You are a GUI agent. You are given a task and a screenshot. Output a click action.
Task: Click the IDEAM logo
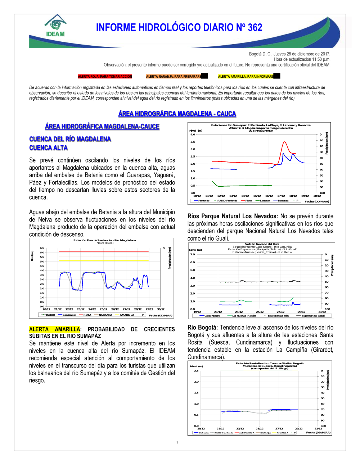pos(55,26)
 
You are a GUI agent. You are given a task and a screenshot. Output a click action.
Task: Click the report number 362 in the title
pos(255,28)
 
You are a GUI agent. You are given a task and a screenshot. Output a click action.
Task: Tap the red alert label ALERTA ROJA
pos(105,77)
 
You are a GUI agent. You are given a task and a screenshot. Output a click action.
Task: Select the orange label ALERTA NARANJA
pos(174,77)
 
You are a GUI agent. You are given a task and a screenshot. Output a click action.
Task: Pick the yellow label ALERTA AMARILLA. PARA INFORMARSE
pos(246,77)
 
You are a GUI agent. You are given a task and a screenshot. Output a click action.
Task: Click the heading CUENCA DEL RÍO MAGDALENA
pos(70,139)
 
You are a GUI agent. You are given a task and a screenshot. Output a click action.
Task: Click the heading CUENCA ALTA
pos(48,148)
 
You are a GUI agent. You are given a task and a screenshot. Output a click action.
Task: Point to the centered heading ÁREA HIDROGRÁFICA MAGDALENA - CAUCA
pos(177,114)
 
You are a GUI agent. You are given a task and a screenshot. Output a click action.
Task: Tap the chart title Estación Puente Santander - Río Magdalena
pos(105,240)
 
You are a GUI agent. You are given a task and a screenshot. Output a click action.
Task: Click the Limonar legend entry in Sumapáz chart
pos(265,201)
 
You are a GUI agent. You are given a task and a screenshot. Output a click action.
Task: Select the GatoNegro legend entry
pos(212,316)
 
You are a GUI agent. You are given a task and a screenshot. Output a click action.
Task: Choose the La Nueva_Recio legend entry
pos(244,316)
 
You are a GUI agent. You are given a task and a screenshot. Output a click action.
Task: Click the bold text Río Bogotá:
pos(202,328)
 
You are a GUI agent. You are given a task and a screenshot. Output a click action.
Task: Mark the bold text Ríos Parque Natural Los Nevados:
pos(233,216)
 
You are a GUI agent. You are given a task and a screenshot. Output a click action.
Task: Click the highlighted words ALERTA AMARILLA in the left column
pos(55,329)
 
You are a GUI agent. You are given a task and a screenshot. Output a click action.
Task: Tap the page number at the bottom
pos(177,442)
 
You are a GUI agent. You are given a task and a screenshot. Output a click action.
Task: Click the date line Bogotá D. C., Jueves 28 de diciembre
pos(289,54)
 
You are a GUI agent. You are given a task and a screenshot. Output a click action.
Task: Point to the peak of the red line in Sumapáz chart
pos(284,142)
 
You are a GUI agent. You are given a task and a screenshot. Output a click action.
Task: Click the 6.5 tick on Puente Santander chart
pos(42,248)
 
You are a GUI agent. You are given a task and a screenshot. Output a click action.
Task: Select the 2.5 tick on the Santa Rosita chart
pos(196,371)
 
